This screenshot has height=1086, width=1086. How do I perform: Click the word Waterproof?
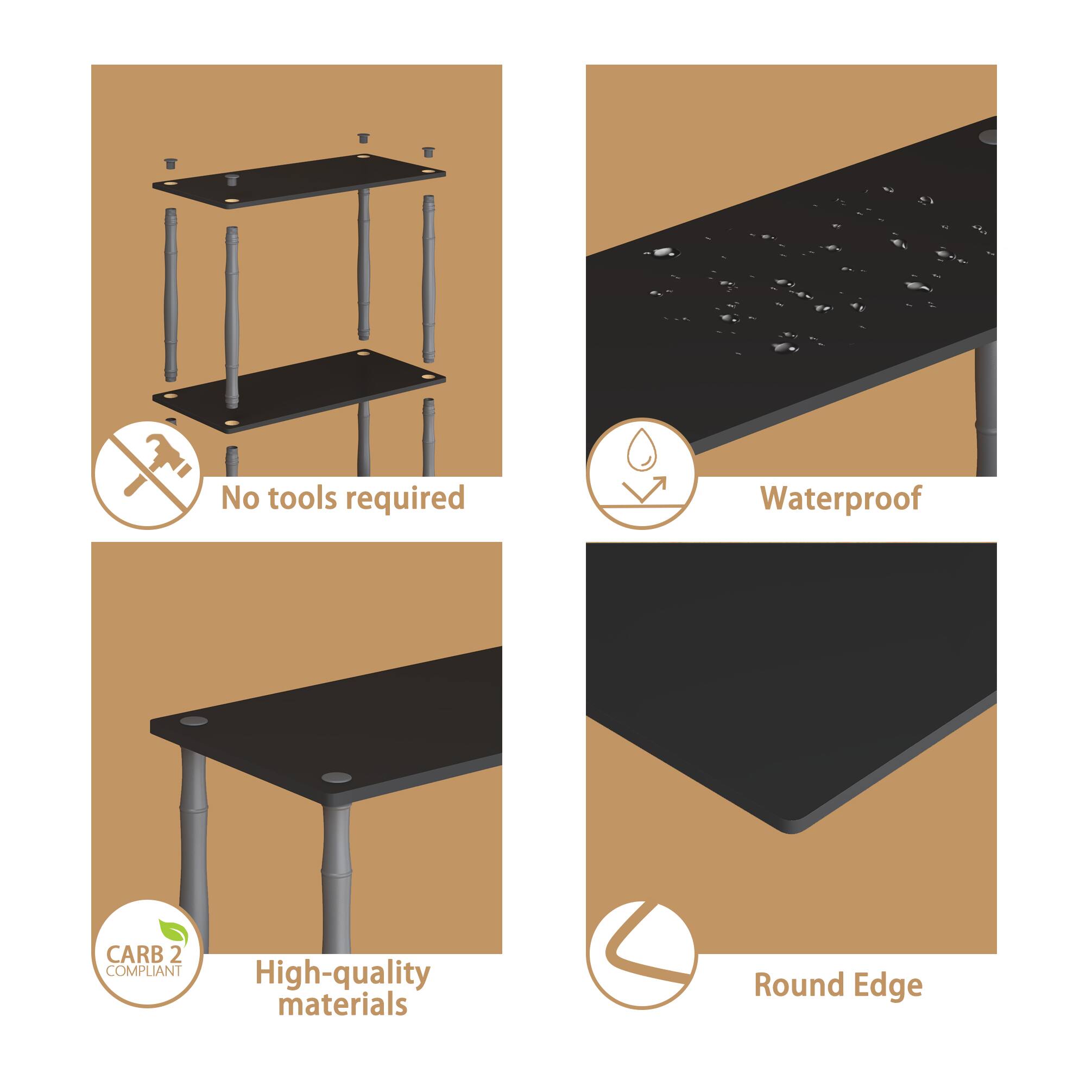click(841, 498)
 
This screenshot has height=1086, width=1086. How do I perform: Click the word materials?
click(343, 1005)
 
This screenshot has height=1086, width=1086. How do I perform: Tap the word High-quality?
click(343, 974)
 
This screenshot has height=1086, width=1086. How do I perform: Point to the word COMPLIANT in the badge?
click(144, 971)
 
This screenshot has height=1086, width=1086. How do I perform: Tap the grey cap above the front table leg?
click(337, 779)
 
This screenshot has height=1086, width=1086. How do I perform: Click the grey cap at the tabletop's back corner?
click(193, 722)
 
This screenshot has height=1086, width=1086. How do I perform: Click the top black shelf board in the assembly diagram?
click(299, 181)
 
